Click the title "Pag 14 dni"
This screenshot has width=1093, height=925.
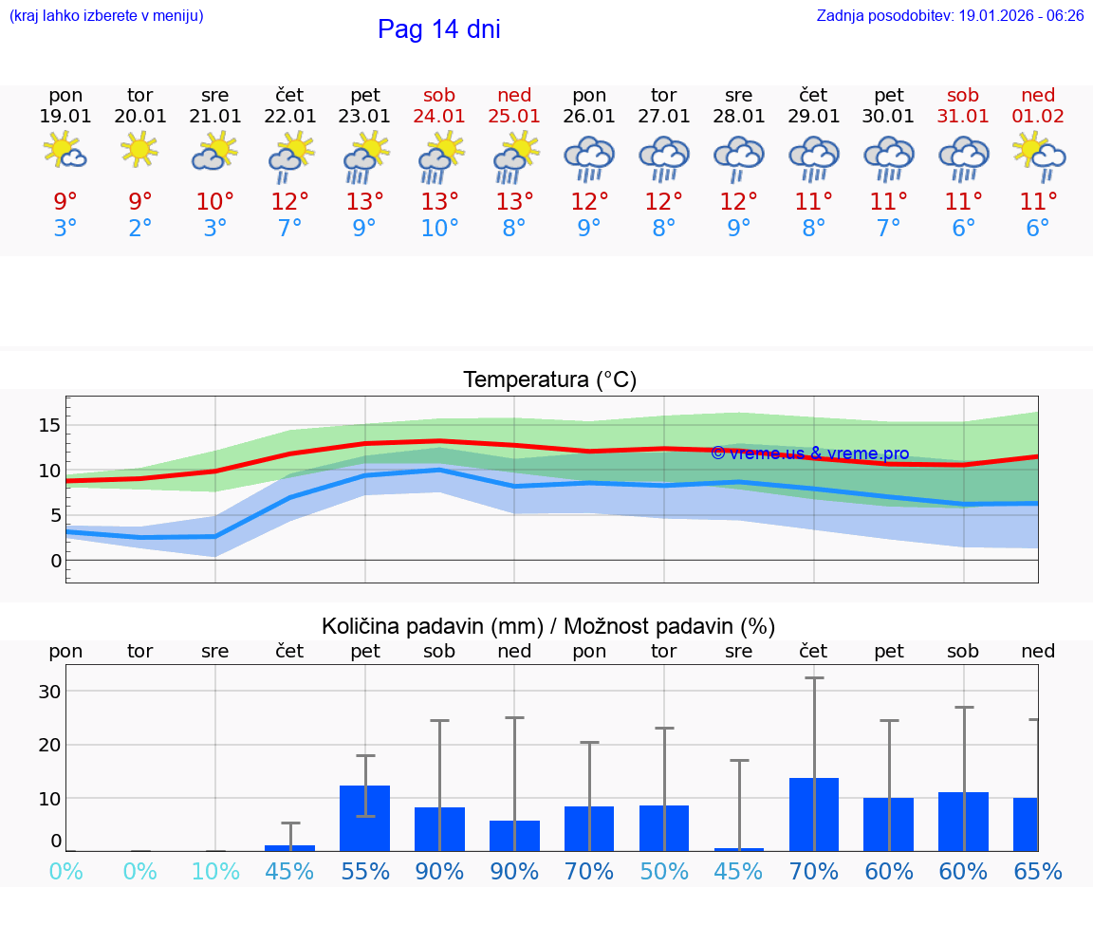click(438, 29)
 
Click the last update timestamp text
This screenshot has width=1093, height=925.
click(950, 15)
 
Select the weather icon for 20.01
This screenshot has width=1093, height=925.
click(140, 150)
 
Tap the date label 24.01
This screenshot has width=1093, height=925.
click(439, 117)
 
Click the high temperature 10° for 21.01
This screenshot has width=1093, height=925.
click(215, 202)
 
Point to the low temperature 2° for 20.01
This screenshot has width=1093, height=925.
click(140, 229)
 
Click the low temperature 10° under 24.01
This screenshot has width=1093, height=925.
click(439, 229)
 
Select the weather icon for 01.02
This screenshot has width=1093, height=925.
click(1038, 153)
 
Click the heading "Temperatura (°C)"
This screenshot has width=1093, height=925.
click(549, 379)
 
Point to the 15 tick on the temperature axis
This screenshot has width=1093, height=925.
click(49, 425)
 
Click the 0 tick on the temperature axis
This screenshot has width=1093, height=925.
click(56, 561)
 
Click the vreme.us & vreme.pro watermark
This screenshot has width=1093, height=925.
click(809, 453)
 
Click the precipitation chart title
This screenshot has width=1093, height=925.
click(548, 626)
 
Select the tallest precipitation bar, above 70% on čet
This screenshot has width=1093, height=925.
click(814, 814)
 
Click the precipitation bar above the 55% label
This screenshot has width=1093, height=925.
click(365, 818)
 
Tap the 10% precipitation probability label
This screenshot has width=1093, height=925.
click(215, 871)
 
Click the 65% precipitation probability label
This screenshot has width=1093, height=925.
click(1038, 871)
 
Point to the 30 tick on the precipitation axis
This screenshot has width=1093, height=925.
click(49, 692)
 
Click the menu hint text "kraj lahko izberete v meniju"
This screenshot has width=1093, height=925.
click(106, 15)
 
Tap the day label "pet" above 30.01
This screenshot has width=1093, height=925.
click(889, 95)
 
